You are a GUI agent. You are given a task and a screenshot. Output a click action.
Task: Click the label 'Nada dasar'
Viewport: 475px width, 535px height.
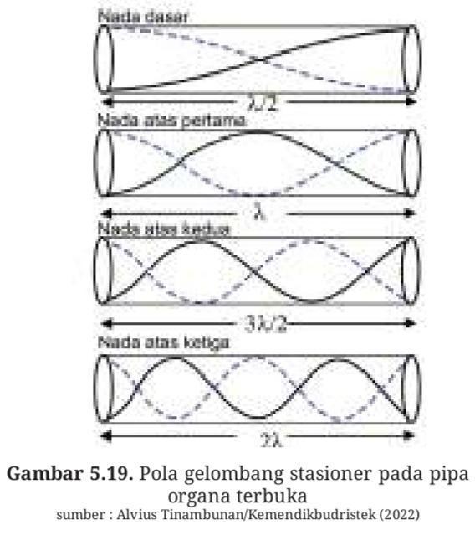143,17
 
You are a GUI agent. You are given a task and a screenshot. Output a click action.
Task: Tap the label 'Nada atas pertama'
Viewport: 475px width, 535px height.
171,121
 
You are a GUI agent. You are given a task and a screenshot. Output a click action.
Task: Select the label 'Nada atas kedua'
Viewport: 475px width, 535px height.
164,229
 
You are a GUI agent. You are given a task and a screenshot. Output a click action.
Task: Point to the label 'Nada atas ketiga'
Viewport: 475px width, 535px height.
164,342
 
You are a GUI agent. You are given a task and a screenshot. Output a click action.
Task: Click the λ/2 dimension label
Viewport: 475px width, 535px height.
263,102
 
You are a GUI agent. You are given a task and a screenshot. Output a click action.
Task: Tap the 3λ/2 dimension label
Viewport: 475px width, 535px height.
265,323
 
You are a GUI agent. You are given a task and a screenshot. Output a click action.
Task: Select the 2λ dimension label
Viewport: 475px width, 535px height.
270,439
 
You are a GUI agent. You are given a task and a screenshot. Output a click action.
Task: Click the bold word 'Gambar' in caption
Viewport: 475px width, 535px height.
45,474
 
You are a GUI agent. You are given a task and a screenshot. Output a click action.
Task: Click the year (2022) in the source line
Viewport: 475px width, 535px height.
400,514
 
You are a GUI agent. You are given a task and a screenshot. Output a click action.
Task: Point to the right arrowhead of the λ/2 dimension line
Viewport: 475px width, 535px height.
411,101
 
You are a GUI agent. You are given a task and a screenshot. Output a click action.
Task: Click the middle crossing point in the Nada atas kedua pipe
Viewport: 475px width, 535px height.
255,271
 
